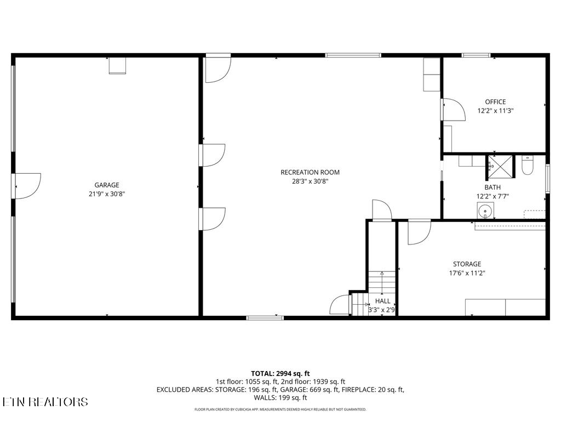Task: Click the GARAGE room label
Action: [x=106, y=185]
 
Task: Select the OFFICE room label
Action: [x=495, y=102]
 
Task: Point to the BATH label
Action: [x=492, y=187]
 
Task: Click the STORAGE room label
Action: [x=467, y=264]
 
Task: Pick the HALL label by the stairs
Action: [x=383, y=301]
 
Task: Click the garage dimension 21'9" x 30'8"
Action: [x=107, y=194]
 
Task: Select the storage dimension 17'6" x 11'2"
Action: [x=467, y=272]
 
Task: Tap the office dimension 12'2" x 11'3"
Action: [x=495, y=110]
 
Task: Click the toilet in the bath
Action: [x=528, y=165]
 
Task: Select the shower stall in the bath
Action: [x=500, y=167]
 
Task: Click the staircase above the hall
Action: [x=381, y=283]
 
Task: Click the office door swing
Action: [x=453, y=109]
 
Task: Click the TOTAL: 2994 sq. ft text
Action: [x=280, y=373]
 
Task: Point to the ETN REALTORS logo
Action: [x=44, y=402]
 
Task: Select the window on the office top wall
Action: [x=476, y=55]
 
